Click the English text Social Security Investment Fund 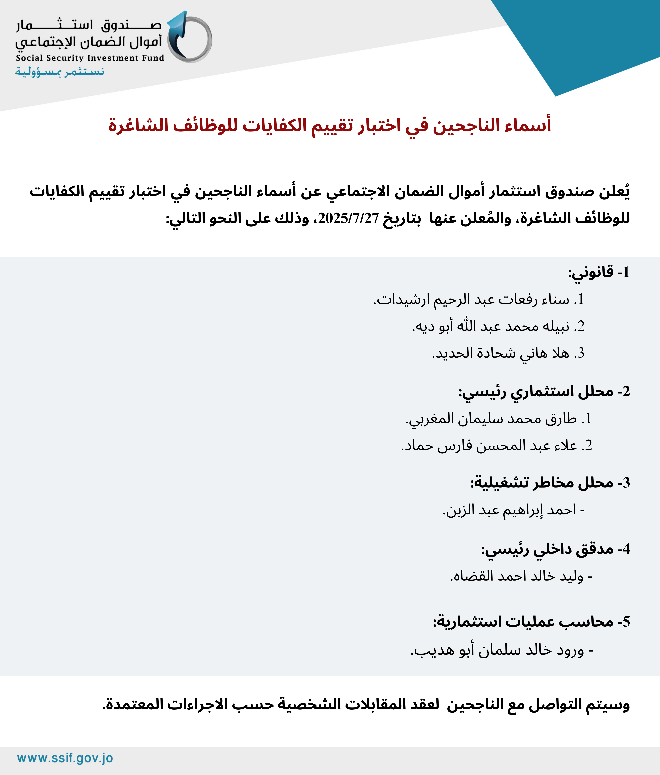90,58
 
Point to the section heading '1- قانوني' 599,272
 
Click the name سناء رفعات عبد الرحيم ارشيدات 479,299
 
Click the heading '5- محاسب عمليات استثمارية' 531,622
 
